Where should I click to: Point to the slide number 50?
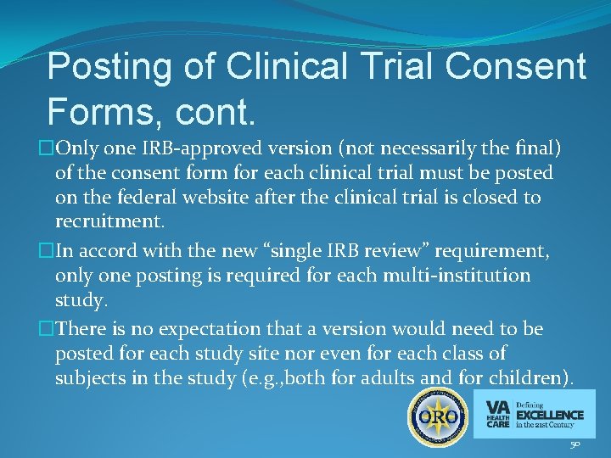(x=575, y=444)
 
